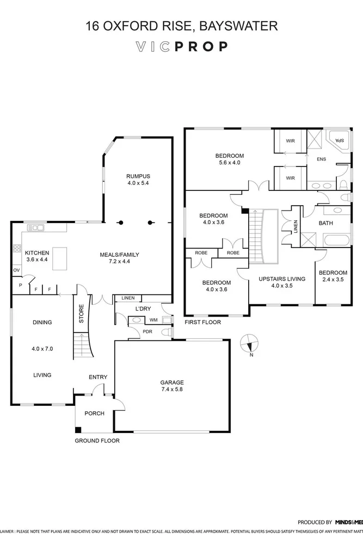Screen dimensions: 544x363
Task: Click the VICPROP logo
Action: (x=181, y=47)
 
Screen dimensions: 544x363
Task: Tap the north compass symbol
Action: (x=250, y=344)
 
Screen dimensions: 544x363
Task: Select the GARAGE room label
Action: (x=171, y=382)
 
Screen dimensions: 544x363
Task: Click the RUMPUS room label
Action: (x=138, y=176)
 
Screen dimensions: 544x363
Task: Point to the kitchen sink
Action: (x=38, y=228)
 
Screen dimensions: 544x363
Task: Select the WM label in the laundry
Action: (x=153, y=320)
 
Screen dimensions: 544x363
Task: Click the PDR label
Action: (x=147, y=331)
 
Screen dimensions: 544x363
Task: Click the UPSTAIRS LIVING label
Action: (x=281, y=279)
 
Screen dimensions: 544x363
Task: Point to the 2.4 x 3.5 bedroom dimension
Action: (x=333, y=280)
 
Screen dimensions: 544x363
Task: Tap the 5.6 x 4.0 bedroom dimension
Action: (x=229, y=163)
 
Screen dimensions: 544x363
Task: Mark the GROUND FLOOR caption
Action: (x=97, y=441)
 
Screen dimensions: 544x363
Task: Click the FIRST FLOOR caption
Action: (x=203, y=322)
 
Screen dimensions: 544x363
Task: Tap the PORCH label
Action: (x=94, y=413)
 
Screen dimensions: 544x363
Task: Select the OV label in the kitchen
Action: (x=16, y=270)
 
